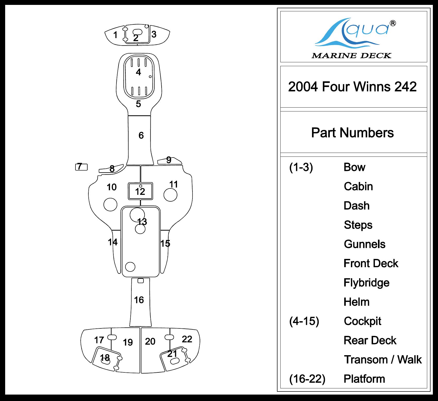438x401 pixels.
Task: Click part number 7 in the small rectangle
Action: pos(80,167)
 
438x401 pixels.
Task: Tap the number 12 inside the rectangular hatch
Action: pos(140,191)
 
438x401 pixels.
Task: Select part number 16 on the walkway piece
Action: pos(139,300)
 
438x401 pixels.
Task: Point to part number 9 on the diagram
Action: pos(169,160)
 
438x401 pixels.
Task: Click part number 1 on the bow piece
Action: pos(115,35)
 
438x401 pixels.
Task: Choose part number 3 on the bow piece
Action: pos(154,34)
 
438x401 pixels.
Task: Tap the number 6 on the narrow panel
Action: pos(141,135)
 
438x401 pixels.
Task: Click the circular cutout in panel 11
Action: pos(170,195)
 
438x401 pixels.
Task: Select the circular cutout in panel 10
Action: pos(110,204)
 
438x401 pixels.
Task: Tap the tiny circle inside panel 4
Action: pos(150,76)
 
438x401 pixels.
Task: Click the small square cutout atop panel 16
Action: pos(140,281)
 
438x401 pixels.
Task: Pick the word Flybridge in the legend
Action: pos(366,283)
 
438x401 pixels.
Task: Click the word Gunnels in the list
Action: pos(365,244)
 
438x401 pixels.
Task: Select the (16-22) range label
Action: pos(307,379)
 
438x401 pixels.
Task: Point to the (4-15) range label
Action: pos(304,321)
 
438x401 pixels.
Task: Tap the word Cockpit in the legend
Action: pos(363,321)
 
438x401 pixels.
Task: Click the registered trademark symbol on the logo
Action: pos(393,23)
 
